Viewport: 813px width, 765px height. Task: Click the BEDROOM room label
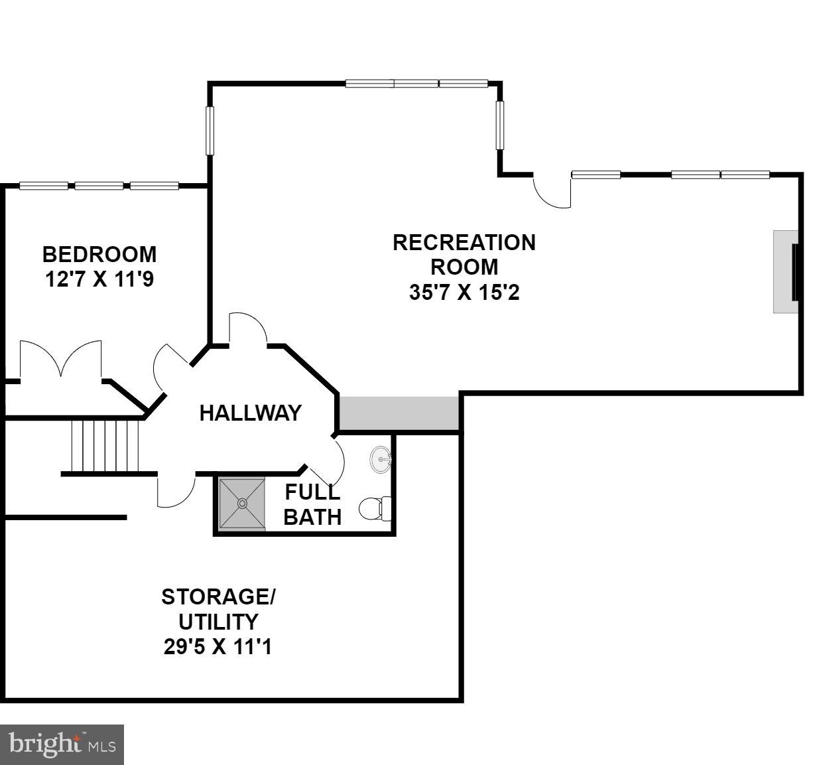(x=99, y=254)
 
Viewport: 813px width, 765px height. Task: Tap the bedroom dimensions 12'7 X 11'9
(x=99, y=279)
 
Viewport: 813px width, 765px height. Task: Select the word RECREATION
(x=464, y=243)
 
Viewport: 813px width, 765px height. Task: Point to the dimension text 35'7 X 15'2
(x=464, y=292)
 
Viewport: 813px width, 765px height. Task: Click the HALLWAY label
(x=250, y=413)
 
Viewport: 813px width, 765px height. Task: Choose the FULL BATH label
(x=312, y=505)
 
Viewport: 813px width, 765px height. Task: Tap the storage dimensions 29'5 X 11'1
(x=218, y=646)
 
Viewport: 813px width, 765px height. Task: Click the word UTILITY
(x=218, y=622)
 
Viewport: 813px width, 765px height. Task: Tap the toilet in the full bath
(x=375, y=509)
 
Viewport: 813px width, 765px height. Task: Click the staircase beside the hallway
(x=106, y=445)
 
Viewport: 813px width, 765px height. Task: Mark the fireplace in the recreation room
(x=788, y=271)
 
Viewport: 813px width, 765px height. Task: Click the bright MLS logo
(x=62, y=744)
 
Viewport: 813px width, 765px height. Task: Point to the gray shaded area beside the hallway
(x=399, y=413)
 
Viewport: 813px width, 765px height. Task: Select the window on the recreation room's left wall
(x=210, y=131)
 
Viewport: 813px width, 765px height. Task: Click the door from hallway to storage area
(x=174, y=491)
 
